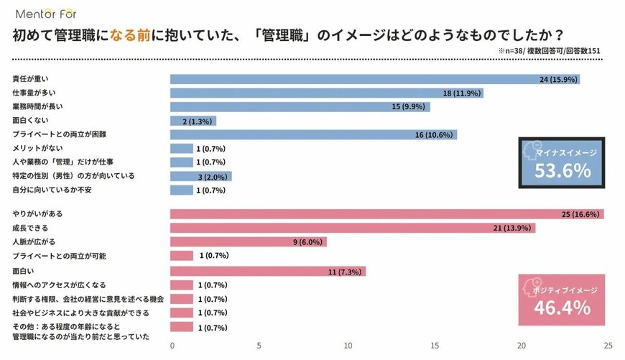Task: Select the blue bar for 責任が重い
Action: pyautogui.click(x=359, y=79)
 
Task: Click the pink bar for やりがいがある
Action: pyautogui.click(x=359, y=214)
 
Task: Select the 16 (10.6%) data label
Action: pyautogui.click(x=431, y=134)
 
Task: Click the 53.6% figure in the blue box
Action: pyautogui.click(x=562, y=170)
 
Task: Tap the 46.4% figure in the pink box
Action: pyautogui.click(x=562, y=308)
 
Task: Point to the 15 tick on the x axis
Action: pyautogui.click(x=434, y=346)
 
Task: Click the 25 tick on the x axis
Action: pyautogui.click(x=608, y=346)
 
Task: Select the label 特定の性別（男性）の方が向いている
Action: pyautogui.click(x=73, y=175)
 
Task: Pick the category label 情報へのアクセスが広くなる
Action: pyautogui.click(x=59, y=285)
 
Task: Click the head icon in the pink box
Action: pyautogui.click(x=532, y=285)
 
